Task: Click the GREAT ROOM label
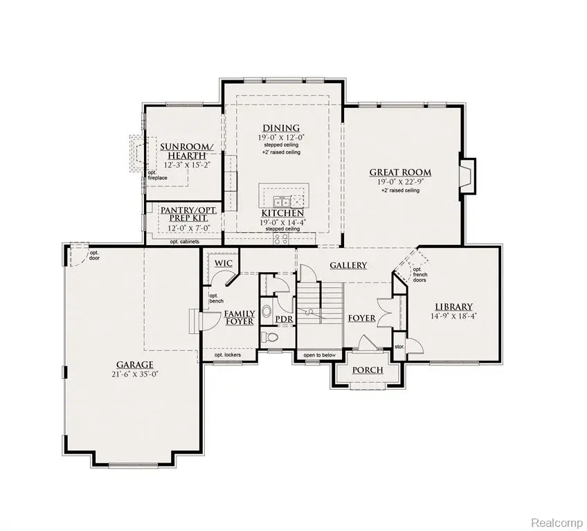399,172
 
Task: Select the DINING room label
280,128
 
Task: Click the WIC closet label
223,264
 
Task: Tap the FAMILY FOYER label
239,318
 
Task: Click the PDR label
285,319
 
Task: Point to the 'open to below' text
319,356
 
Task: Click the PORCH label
368,370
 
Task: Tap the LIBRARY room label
453,307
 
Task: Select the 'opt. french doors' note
420,275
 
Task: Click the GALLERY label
348,265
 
